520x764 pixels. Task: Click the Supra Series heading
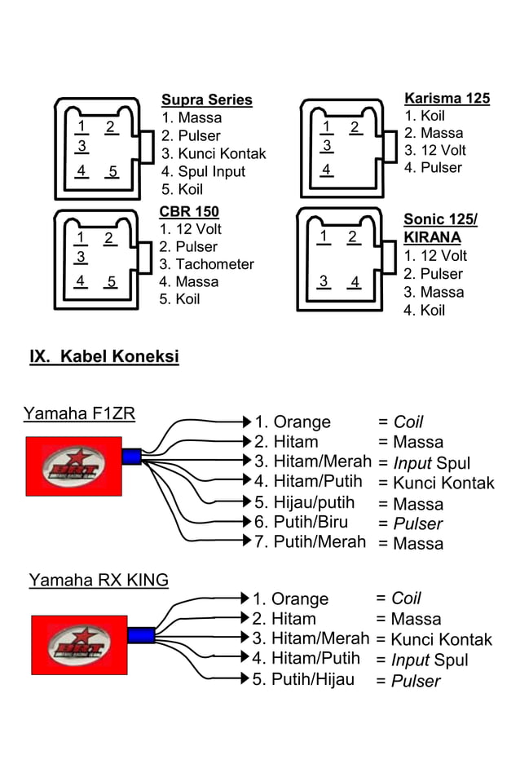[x=207, y=100]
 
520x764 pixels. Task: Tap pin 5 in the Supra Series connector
[x=112, y=172]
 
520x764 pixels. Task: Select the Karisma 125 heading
[x=447, y=99]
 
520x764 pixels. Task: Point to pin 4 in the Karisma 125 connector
[x=326, y=170]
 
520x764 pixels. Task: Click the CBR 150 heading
[x=189, y=212]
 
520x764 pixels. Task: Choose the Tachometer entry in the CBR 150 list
[x=207, y=264]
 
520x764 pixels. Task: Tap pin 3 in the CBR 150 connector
[x=80, y=257]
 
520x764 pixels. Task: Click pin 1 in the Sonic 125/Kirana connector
[x=324, y=236]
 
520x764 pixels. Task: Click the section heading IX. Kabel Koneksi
[x=104, y=357]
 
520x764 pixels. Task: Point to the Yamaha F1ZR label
[x=79, y=413]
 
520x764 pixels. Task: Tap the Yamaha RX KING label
[x=99, y=581]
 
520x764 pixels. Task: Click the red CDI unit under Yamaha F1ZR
[x=73, y=466]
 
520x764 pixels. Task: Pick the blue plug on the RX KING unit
[x=140, y=635]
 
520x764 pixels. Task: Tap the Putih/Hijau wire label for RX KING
[x=303, y=679]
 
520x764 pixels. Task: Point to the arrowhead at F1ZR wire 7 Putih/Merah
[x=247, y=540]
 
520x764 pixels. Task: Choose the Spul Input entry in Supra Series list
[x=203, y=171]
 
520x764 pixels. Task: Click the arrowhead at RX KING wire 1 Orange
[x=245, y=598]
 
